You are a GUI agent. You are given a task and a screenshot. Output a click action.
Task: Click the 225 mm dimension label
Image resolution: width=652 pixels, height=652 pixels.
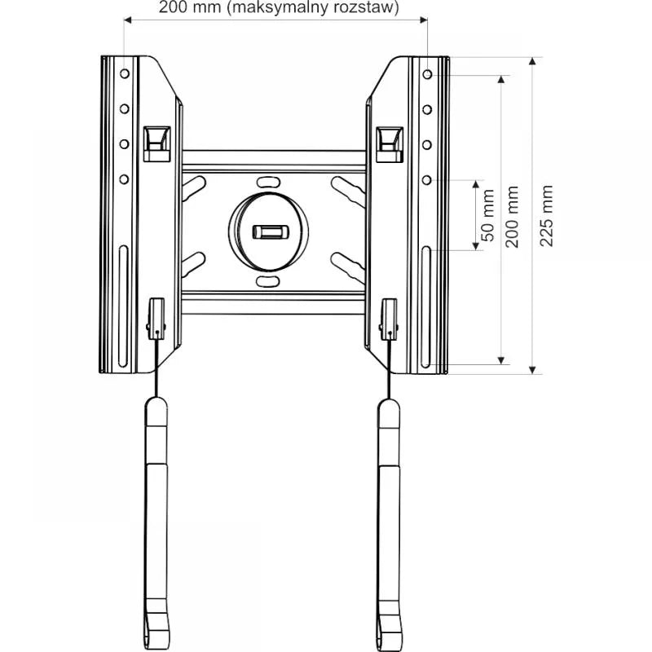pyautogui.click(x=547, y=217)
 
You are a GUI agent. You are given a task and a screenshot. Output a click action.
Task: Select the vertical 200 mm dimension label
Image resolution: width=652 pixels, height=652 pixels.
pyautogui.click(x=512, y=217)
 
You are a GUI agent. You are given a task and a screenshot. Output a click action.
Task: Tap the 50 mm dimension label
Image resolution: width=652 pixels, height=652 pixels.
pyautogui.click(x=487, y=215)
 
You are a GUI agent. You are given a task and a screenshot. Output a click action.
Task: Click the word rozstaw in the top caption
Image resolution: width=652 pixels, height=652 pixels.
pyautogui.click(x=364, y=9)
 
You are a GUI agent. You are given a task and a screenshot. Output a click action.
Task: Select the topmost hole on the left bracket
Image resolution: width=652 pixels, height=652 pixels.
pyautogui.click(x=124, y=73)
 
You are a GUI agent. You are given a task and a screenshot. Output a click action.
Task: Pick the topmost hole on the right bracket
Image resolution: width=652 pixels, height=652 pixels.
pyautogui.click(x=428, y=73)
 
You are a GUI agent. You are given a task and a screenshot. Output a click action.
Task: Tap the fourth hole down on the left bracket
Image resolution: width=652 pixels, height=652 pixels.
pyautogui.click(x=124, y=178)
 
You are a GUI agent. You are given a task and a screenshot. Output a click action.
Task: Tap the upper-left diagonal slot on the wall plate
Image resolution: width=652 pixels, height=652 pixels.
pyautogui.click(x=194, y=192)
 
